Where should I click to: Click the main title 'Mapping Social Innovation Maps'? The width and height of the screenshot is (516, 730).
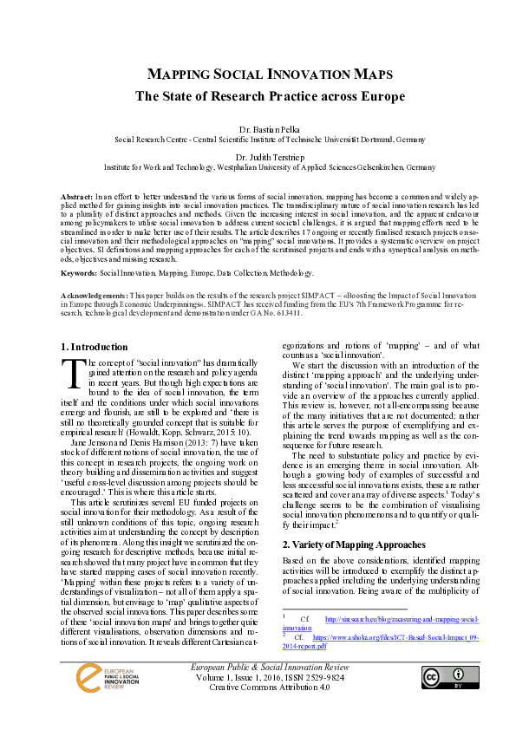258,75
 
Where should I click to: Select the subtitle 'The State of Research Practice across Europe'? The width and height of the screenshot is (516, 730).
258,95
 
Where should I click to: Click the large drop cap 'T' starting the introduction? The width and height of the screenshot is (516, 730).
75,374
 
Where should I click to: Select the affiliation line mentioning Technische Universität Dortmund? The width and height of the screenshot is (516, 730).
258,138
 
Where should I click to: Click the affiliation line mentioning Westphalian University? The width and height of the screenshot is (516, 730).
258,166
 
